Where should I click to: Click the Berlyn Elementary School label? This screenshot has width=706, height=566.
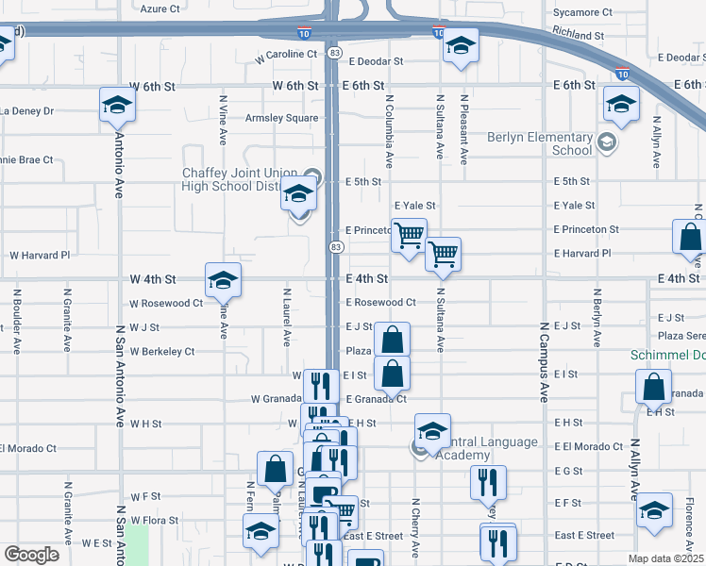click(540, 143)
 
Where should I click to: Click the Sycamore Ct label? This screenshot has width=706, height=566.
click(582, 12)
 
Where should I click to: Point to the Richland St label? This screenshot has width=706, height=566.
click(579, 35)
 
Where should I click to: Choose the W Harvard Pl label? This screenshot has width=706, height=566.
click(40, 255)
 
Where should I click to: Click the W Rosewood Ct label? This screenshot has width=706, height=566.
click(166, 303)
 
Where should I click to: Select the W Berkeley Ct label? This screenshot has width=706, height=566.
click(162, 351)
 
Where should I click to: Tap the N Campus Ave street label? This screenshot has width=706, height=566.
click(545, 362)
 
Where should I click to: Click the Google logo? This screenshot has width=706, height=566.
click(31, 554)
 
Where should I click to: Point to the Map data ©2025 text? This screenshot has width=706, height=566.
click(665, 558)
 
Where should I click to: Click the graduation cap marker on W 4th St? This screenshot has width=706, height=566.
click(223, 279)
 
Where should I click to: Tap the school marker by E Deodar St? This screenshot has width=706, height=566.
click(460, 45)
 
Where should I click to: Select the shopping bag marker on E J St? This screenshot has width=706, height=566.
click(392, 339)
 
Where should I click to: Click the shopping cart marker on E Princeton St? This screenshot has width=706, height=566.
click(409, 235)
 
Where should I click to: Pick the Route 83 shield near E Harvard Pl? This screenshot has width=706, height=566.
click(335, 246)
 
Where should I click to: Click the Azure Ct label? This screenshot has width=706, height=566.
click(160, 8)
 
